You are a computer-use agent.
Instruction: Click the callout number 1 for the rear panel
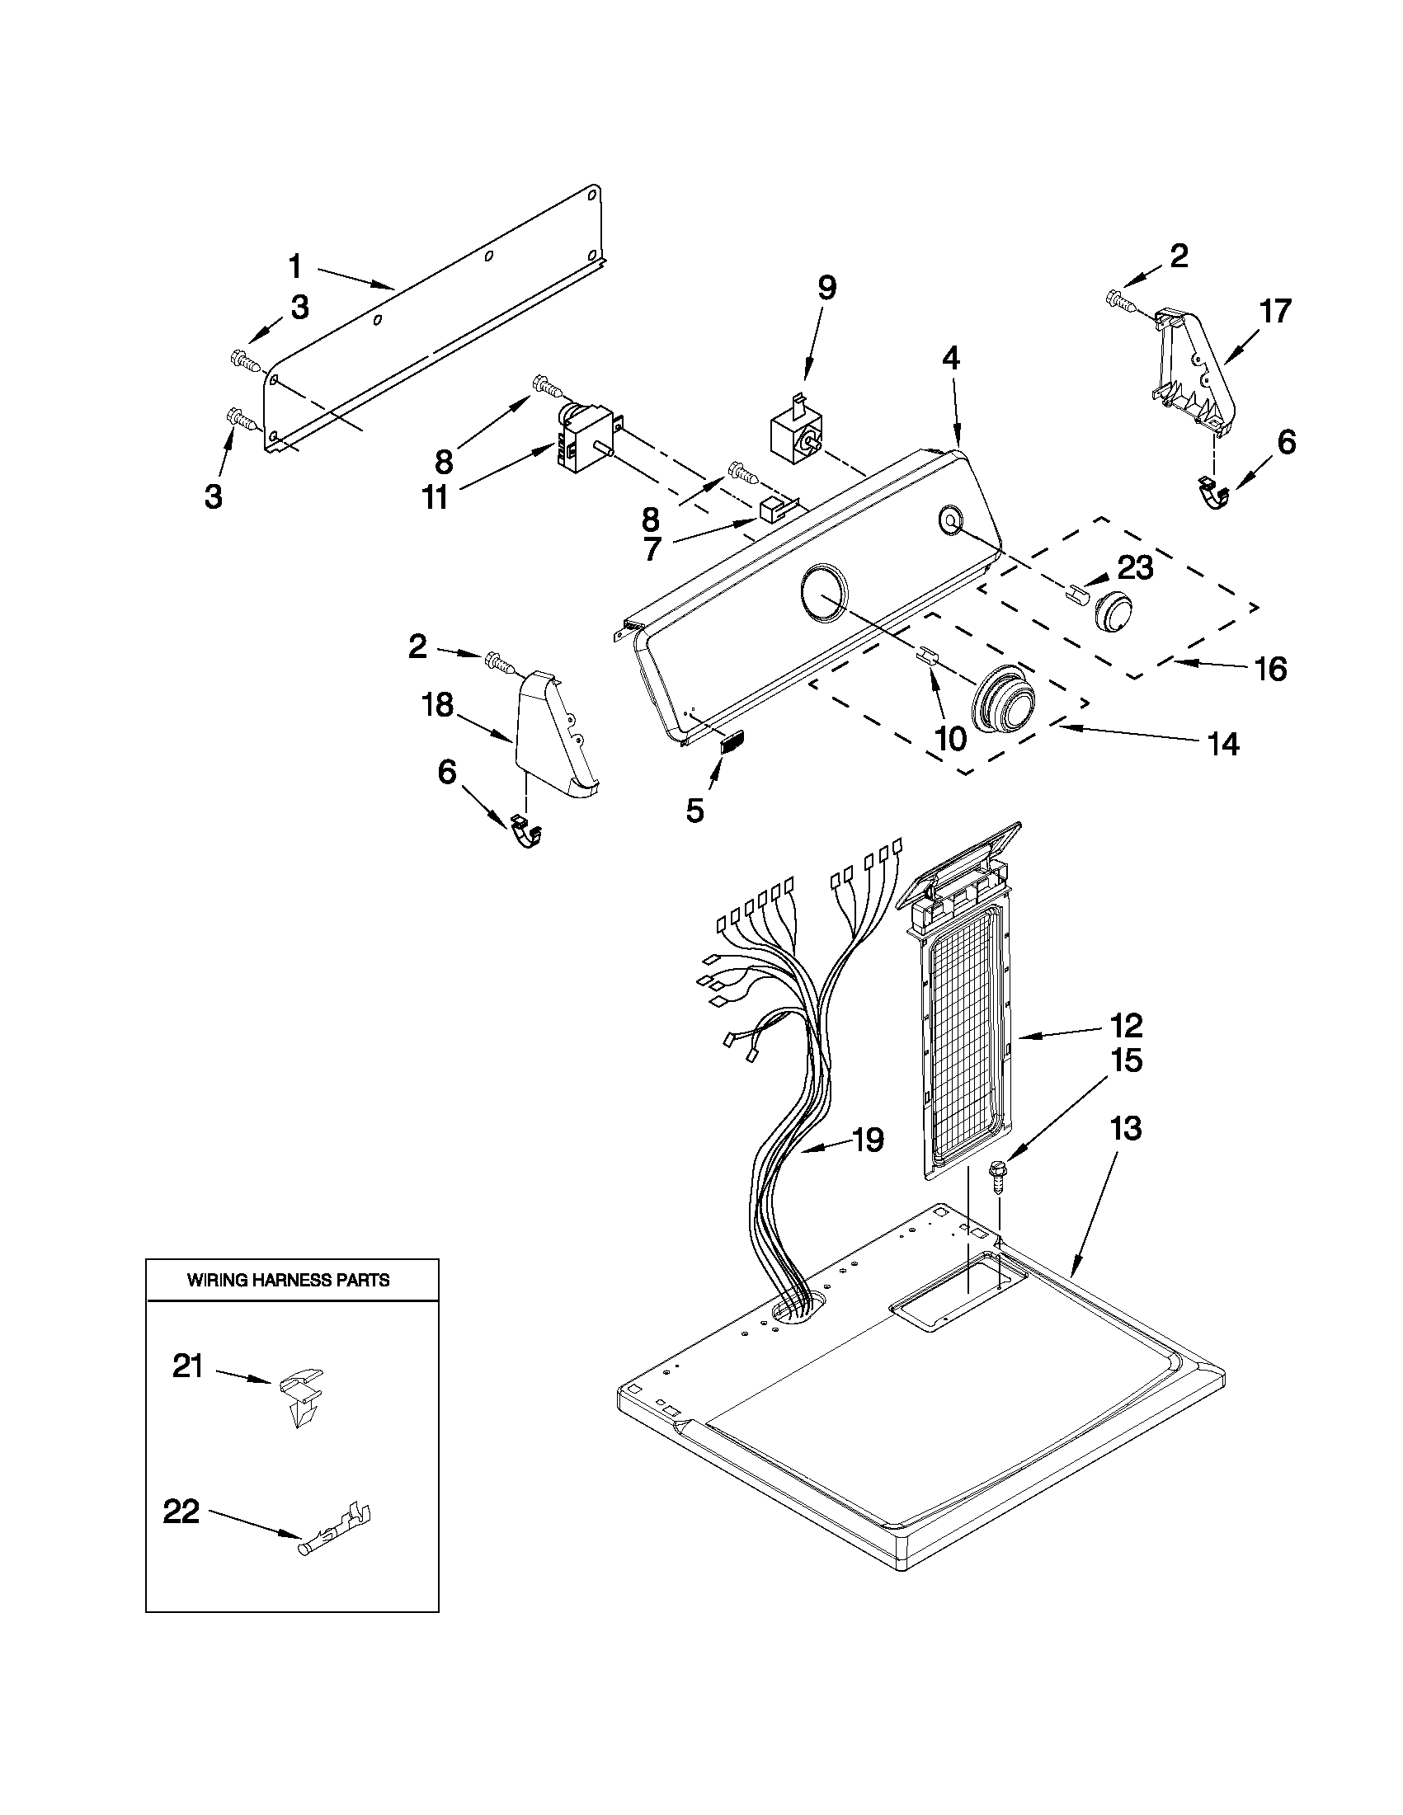295,268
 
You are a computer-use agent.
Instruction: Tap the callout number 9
826,289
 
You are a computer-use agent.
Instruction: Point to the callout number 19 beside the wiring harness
867,1140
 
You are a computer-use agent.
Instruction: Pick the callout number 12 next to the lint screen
1125,1026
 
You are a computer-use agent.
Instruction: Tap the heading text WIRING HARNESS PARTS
289,1280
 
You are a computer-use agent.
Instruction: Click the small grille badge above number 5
730,742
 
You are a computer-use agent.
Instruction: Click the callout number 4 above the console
950,358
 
